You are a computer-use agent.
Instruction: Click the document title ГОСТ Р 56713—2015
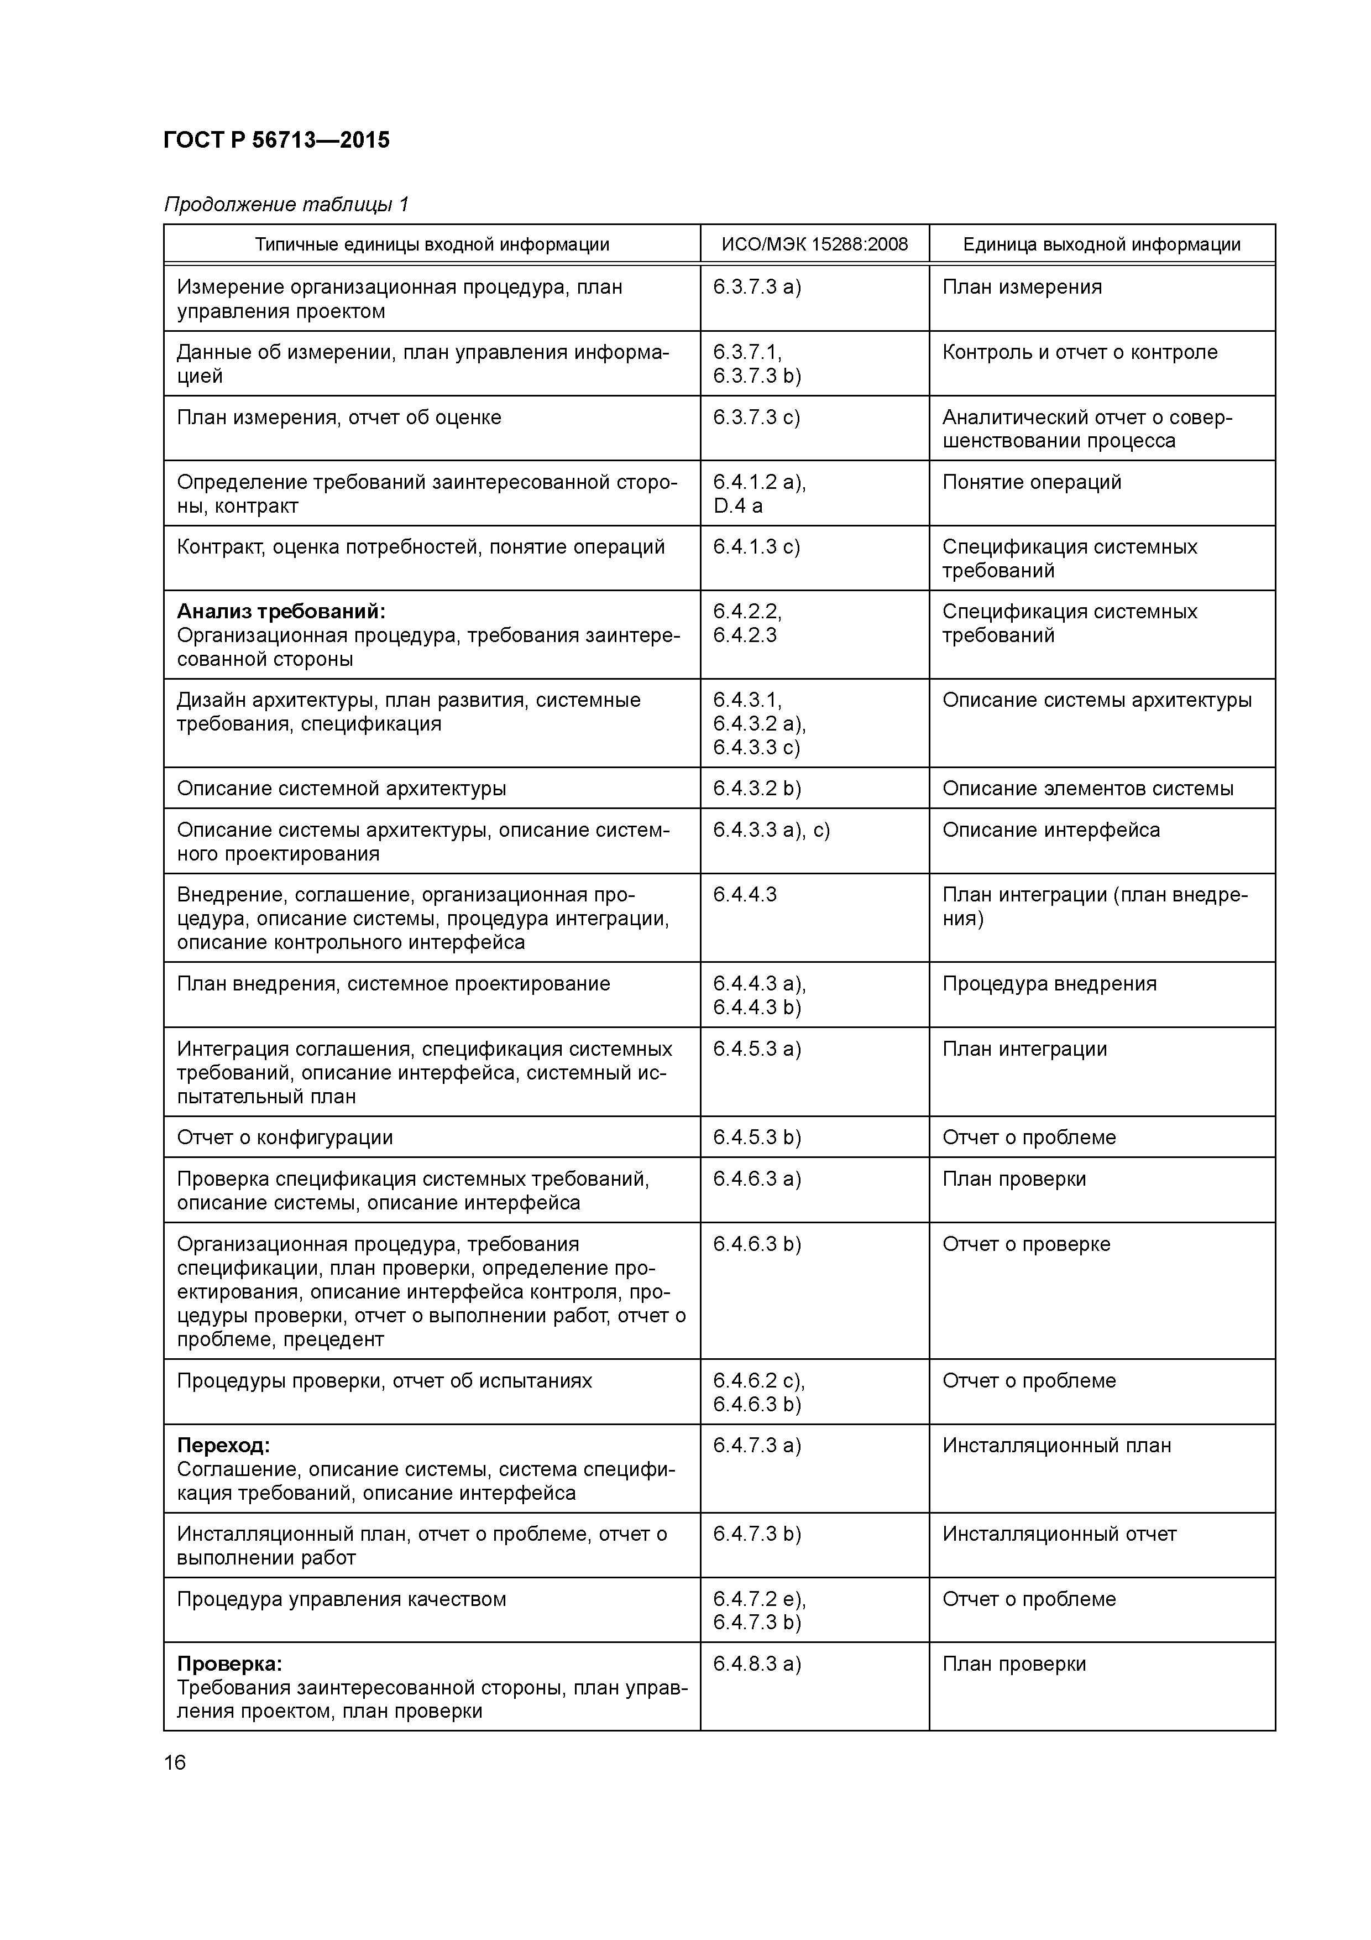click(276, 140)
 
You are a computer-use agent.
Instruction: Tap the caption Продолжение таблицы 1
click(286, 205)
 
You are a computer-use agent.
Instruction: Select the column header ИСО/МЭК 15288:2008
click(814, 245)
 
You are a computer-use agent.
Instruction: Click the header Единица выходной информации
click(1102, 245)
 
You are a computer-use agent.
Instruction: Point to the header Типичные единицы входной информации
click(432, 245)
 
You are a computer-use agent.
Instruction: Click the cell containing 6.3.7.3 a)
click(757, 287)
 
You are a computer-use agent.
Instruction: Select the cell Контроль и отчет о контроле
click(1080, 352)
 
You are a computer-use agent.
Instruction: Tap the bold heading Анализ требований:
click(280, 612)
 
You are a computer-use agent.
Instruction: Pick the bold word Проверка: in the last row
click(229, 1663)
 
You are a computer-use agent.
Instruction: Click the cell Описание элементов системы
click(1087, 789)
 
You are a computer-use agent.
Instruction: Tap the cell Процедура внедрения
click(1049, 983)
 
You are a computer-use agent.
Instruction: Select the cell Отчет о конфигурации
click(285, 1138)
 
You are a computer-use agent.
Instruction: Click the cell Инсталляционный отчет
click(1059, 1534)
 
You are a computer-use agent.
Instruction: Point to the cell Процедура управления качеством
click(341, 1599)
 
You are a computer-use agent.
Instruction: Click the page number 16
click(175, 1762)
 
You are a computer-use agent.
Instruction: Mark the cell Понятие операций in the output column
click(1032, 482)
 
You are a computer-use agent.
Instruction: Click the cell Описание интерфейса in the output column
click(1051, 830)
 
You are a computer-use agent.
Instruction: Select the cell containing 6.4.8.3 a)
click(757, 1663)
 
